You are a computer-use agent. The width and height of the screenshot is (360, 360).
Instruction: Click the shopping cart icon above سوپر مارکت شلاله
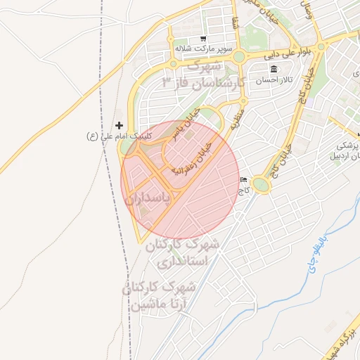coord(203,39)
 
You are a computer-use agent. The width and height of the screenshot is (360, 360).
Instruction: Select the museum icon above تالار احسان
coord(273,69)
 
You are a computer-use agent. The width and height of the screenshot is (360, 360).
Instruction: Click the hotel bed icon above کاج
coord(243,180)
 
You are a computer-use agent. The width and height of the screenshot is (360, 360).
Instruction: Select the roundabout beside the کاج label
coord(262,185)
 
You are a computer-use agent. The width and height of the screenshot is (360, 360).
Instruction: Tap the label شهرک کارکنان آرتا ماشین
coord(160,295)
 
